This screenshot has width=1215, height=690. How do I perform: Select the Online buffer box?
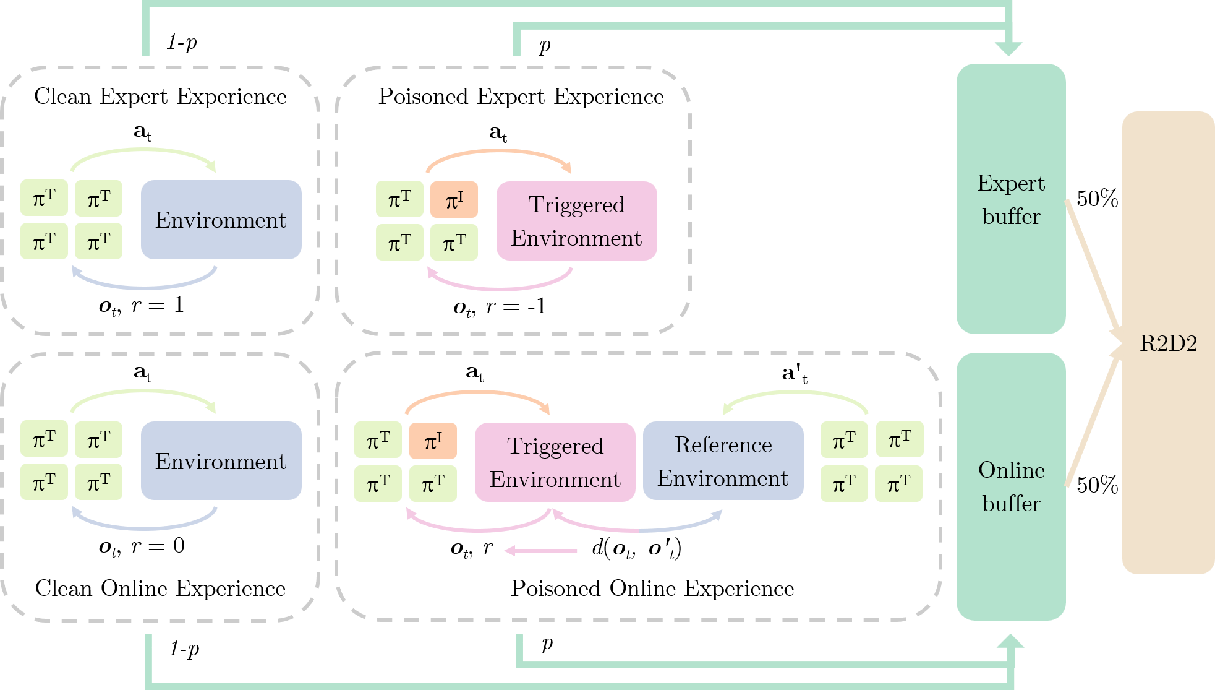1010,486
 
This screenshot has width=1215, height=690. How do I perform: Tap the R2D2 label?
1168,343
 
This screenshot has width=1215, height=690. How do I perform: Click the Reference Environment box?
723,461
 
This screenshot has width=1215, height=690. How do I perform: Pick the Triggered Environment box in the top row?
576,221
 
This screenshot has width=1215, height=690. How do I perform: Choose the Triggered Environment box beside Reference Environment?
555,462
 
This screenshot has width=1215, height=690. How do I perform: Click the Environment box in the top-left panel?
221,220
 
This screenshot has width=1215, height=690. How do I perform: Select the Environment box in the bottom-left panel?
221,461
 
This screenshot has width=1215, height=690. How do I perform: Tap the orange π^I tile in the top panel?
454,200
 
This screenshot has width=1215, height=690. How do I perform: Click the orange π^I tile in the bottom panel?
432,441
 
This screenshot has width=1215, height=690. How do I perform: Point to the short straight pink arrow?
541,550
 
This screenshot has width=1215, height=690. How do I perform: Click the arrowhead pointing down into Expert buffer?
1008,48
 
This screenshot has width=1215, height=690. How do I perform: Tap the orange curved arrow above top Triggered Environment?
498,151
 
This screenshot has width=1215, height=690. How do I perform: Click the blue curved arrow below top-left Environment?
145,287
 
